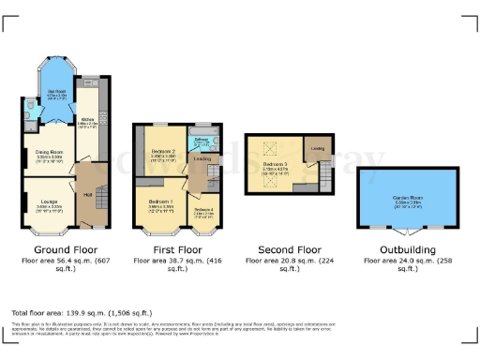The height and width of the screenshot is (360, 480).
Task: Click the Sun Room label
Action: (56, 93)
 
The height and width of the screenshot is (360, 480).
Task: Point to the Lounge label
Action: (48, 203)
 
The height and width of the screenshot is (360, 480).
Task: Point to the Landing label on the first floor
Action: (201, 158)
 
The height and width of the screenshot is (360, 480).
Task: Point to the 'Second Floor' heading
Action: (289, 250)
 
